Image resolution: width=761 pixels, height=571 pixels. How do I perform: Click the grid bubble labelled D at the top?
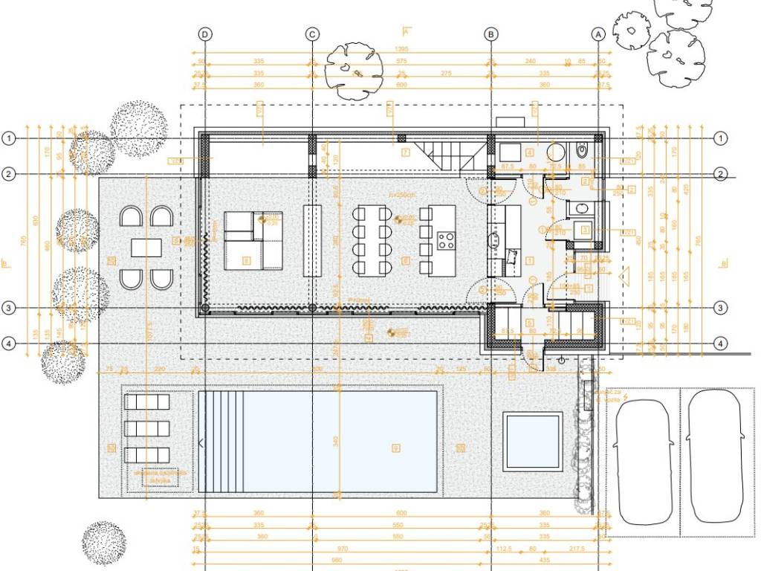(205, 34)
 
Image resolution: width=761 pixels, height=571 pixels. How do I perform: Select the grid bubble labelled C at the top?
(312, 34)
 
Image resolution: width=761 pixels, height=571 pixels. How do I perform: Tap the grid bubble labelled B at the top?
(490, 34)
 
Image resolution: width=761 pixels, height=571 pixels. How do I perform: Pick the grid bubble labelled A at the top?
(598, 34)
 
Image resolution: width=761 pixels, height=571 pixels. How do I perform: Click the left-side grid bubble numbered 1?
(9, 138)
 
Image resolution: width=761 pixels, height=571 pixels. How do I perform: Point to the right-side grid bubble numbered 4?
(720, 343)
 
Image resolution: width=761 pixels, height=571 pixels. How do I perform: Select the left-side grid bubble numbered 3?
(9, 308)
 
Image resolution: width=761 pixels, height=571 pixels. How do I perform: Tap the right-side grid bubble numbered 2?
(720, 174)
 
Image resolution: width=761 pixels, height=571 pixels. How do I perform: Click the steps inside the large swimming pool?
(222, 442)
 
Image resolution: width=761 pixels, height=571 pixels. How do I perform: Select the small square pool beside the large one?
(532, 442)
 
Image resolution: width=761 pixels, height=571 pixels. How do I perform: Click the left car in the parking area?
(643, 462)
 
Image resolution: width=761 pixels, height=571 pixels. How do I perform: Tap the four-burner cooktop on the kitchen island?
(447, 241)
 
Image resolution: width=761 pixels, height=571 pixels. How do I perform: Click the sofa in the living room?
(253, 239)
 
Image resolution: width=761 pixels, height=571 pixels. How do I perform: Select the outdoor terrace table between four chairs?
(146, 248)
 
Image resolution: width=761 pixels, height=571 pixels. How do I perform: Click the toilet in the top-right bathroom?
(582, 151)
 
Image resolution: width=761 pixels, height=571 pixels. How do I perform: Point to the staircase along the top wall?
(441, 155)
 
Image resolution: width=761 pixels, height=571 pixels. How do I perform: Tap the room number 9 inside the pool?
(396, 448)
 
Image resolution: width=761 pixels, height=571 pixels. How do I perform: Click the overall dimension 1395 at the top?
(403, 49)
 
